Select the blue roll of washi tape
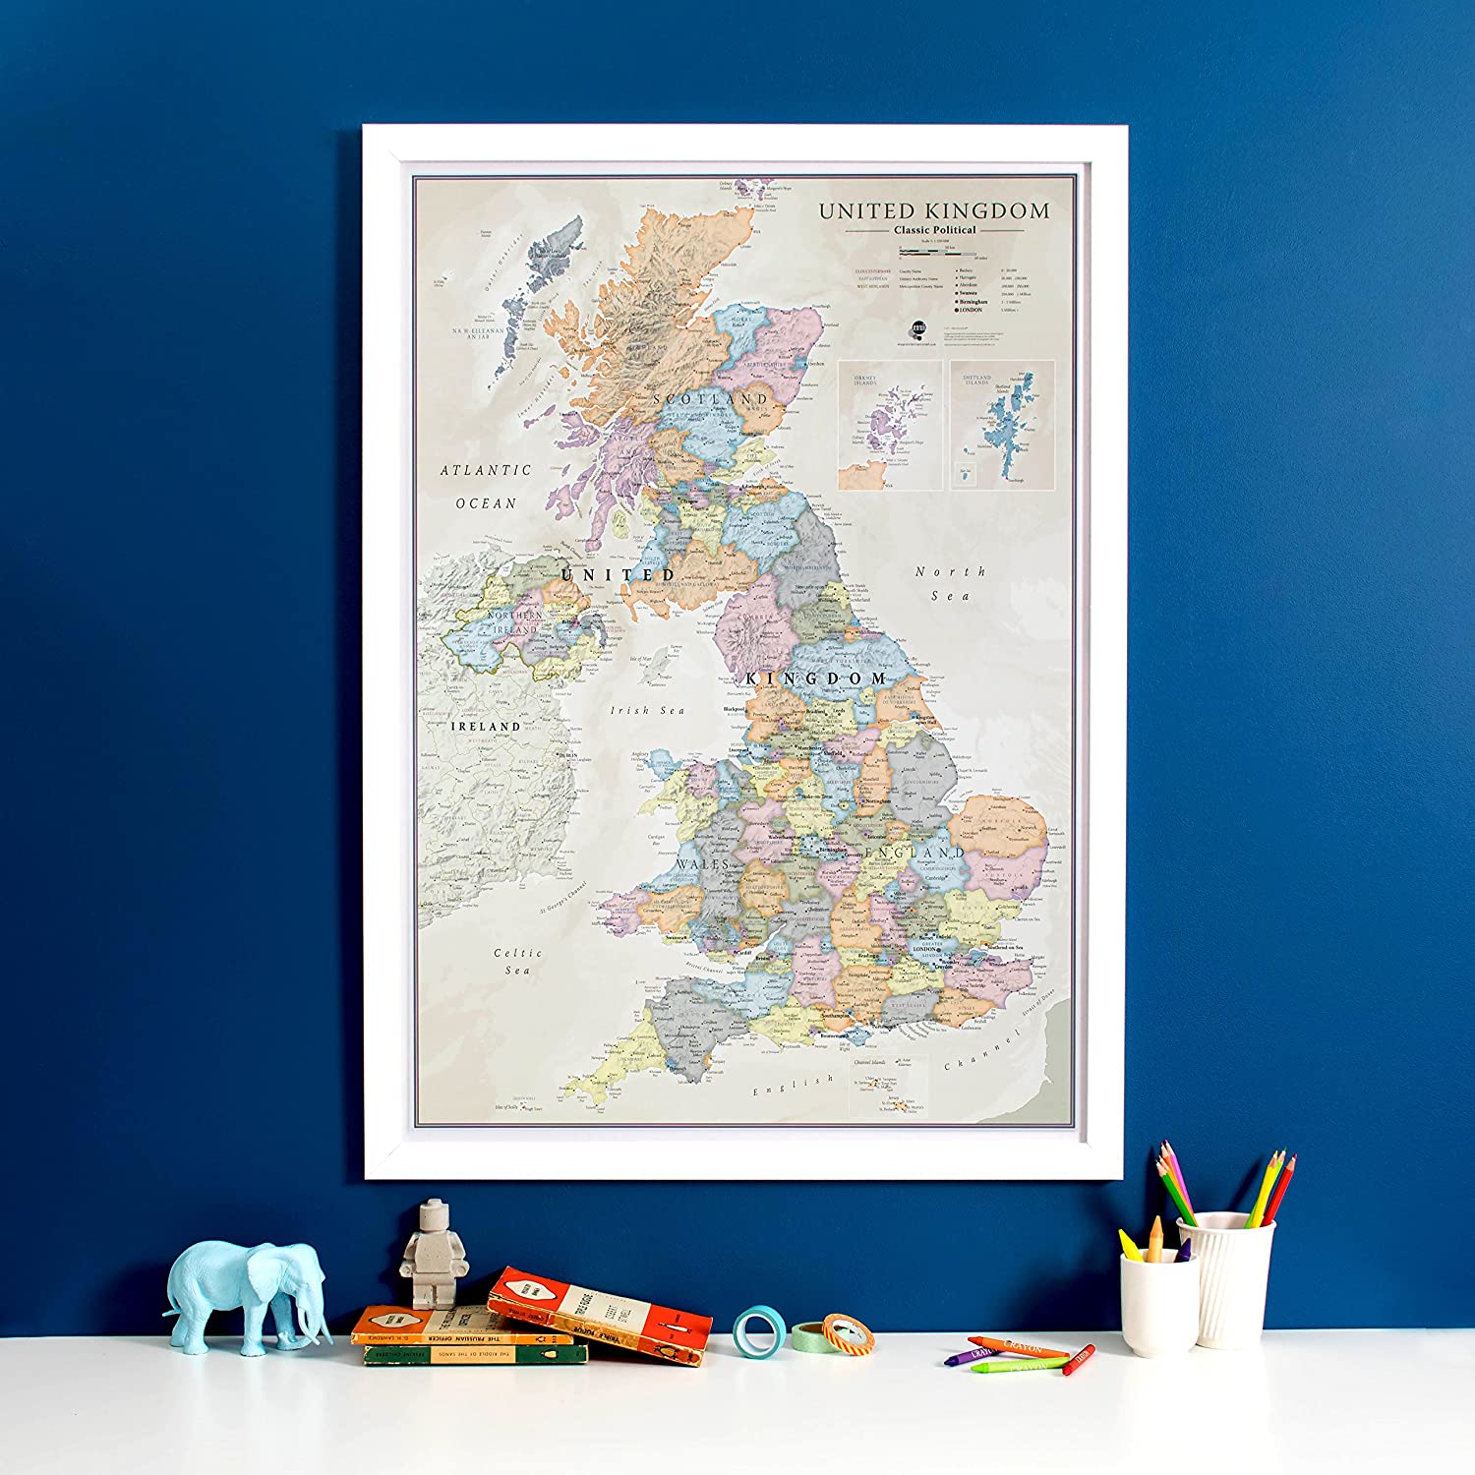click(755, 1332)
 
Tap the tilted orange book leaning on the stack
click(599, 1315)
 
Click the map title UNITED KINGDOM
click(934, 210)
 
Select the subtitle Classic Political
click(934, 230)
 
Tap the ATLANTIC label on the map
click(485, 470)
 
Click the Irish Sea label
click(647, 710)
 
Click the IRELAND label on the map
click(486, 726)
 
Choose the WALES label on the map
click(703, 864)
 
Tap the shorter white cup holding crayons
click(1158, 1303)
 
